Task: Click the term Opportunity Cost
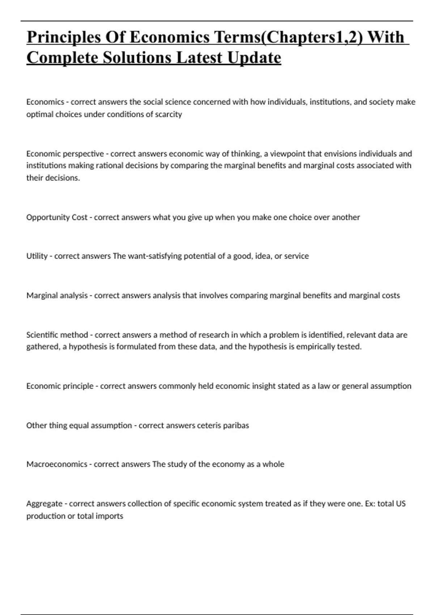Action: pos(57,217)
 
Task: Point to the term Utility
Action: pos(37,256)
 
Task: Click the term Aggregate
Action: pos(44,504)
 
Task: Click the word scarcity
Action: pos(168,114)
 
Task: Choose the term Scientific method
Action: pos(57,335)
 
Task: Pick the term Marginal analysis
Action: pos(57,296)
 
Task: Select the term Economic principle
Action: pos(60,386)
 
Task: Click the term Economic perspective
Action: pos(65,154)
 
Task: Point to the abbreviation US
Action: pos(400,504)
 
